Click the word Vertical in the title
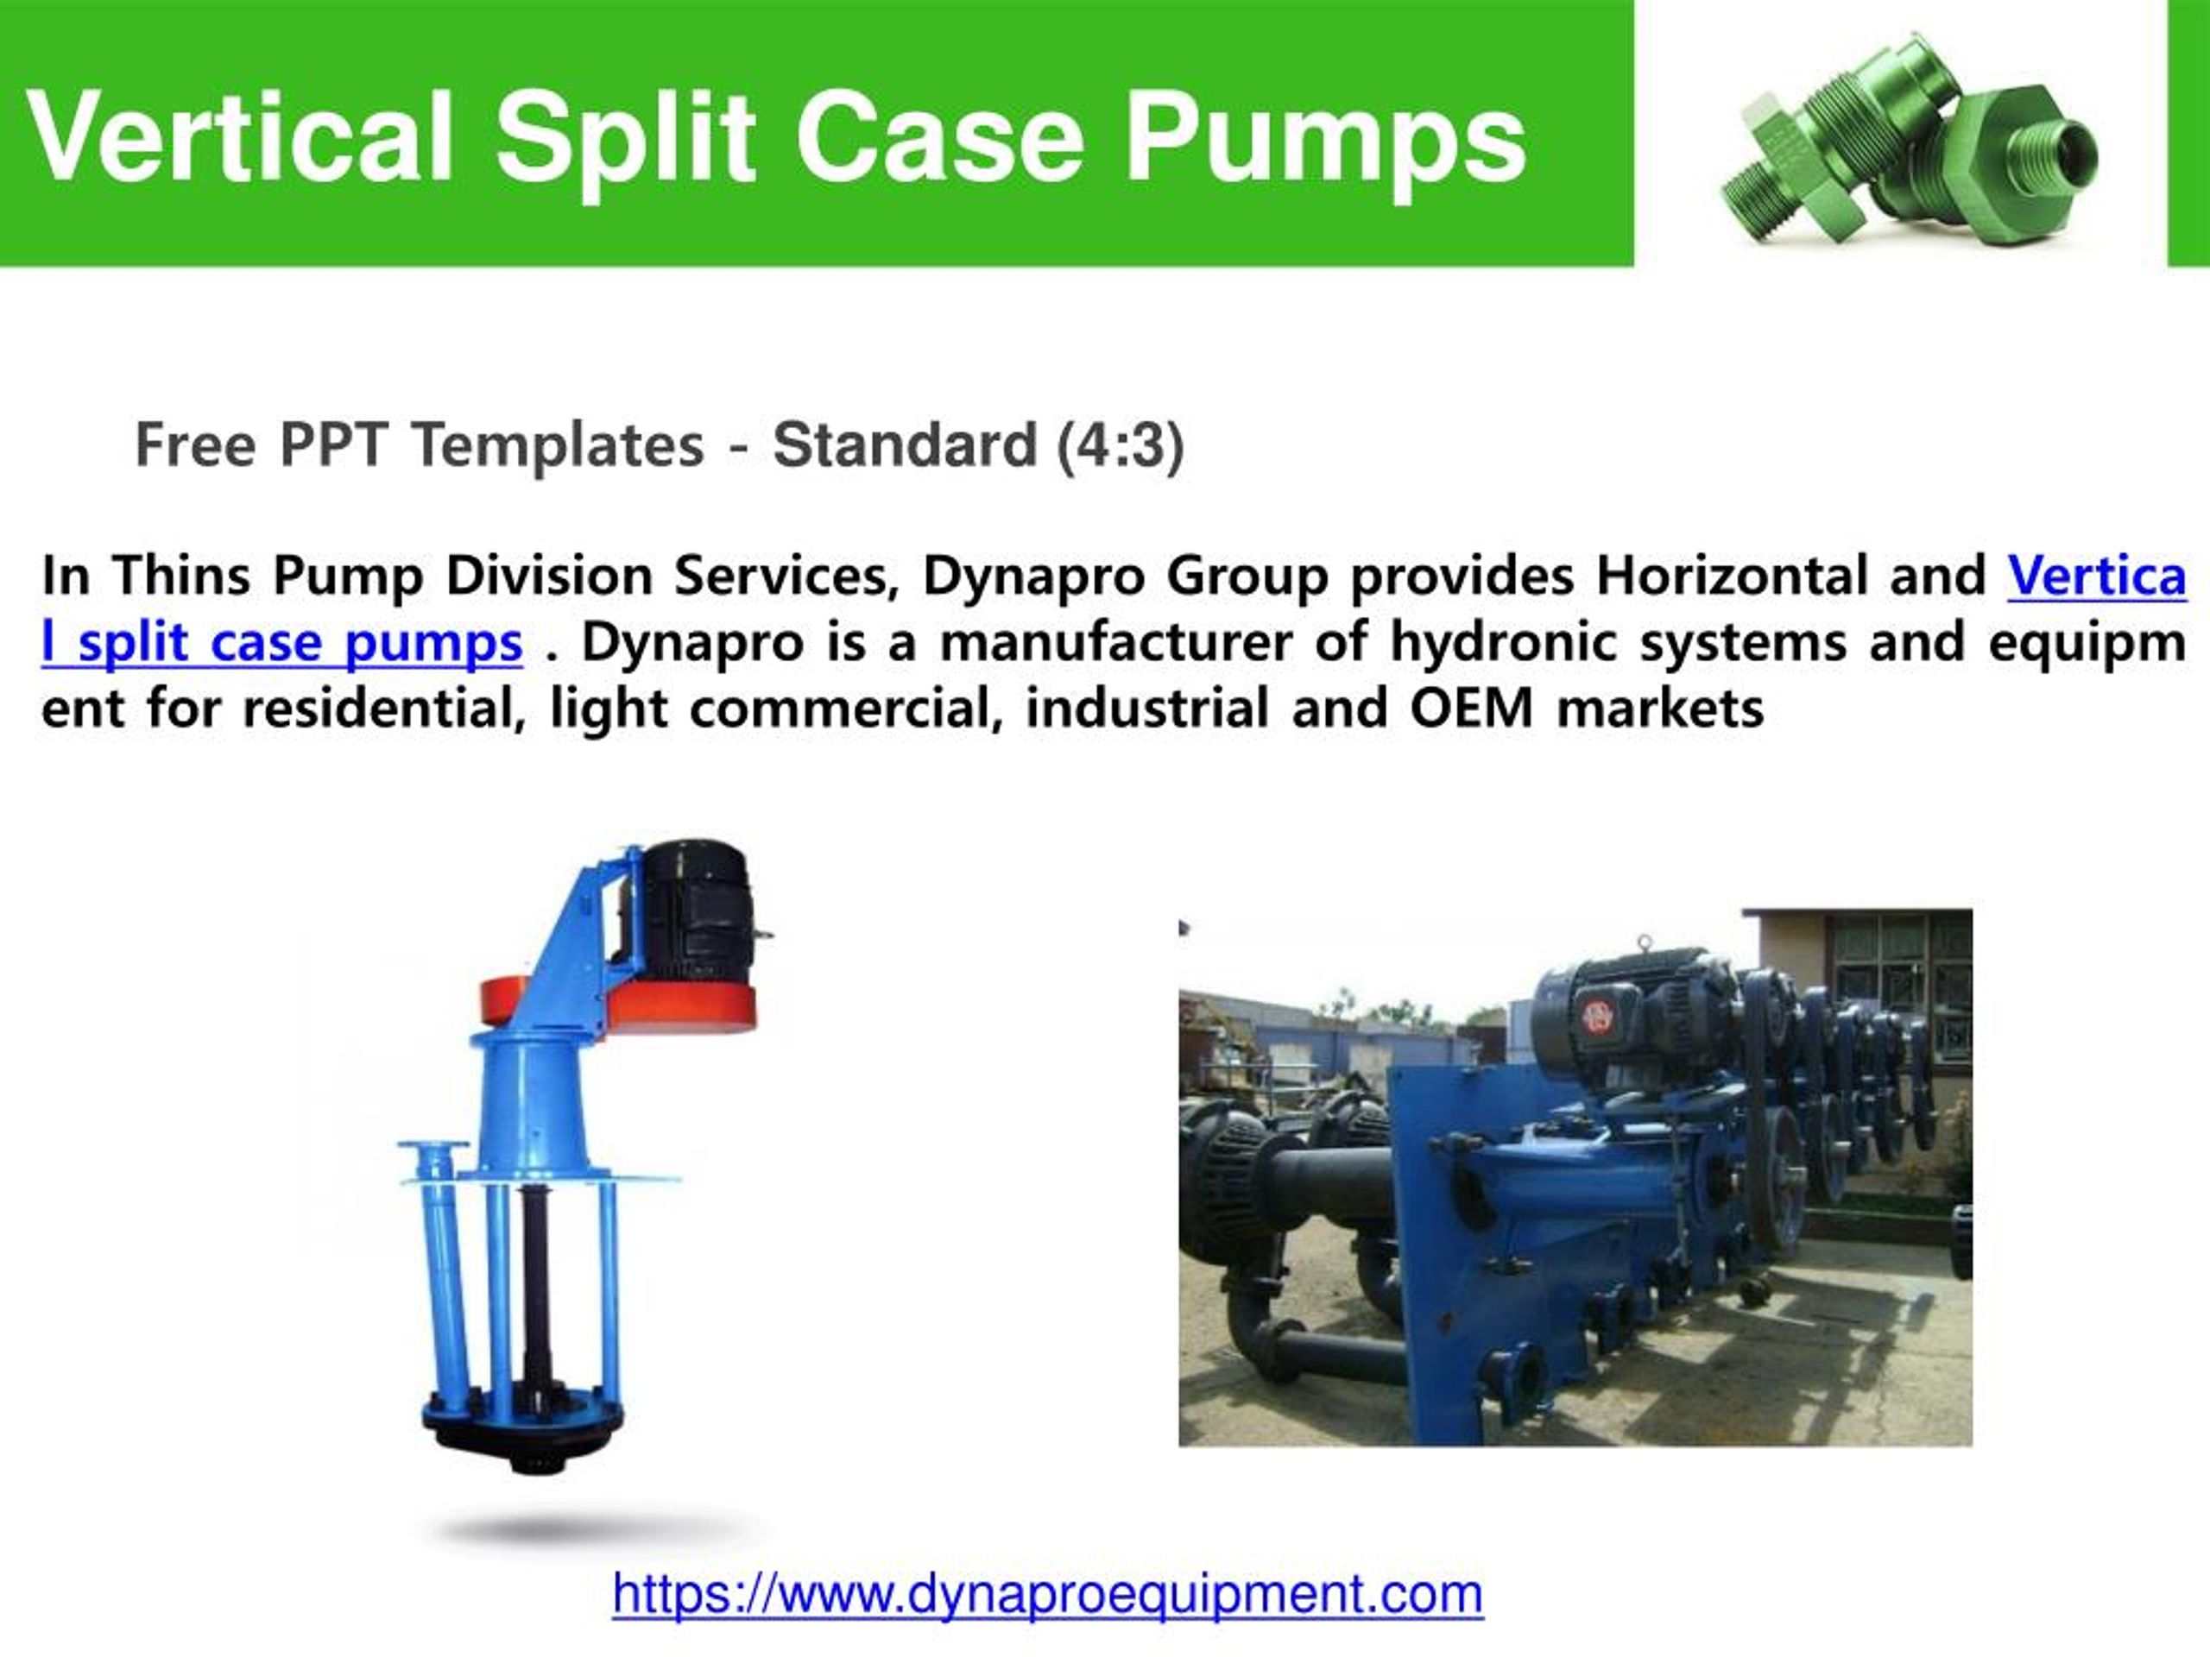click(240, 138)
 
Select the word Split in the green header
click(624, 138)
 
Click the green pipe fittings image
click(1908, 140)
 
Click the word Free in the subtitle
click(196, 445)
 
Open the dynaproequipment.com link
click(1047, 1594)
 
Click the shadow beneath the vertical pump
click(590, 1528)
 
